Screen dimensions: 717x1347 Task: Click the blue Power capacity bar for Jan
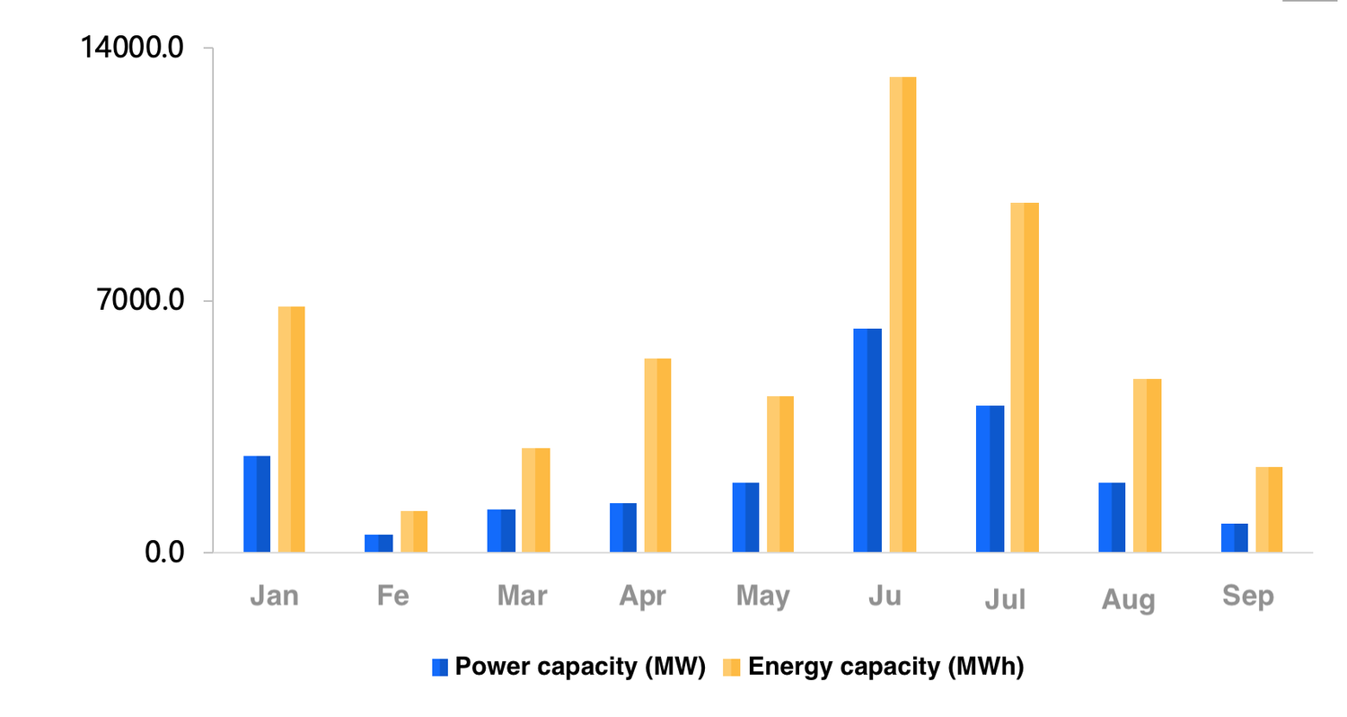[x=257, y=504]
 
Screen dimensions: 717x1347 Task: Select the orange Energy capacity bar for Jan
[x=291, y=429]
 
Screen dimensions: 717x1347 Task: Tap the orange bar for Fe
[x=414, y=531]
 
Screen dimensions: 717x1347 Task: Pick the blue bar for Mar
[x=501, y=530]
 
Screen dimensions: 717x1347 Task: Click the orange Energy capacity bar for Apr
[x=657, y=456]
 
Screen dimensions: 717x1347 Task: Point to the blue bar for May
[x=745, y=518]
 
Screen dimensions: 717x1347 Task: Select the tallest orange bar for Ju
[x=902, y=314]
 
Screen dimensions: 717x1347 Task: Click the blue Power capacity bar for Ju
[x=867, y=440]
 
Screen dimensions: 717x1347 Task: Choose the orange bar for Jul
[x=1025, y=377]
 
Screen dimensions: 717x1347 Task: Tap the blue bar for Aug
[x=1112, y=518]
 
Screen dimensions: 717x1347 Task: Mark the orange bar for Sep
[x=1269, y=509]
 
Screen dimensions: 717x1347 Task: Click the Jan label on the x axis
[x=274, y=597]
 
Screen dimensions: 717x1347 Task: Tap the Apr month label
[x=642, y=597]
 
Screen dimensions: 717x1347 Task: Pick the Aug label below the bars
[x=1128, y=599]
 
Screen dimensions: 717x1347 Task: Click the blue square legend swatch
[x=440, y=667]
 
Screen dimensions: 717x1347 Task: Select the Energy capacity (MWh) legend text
[x=885, y=667]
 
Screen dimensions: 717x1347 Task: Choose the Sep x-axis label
[x=1248, y=597]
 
